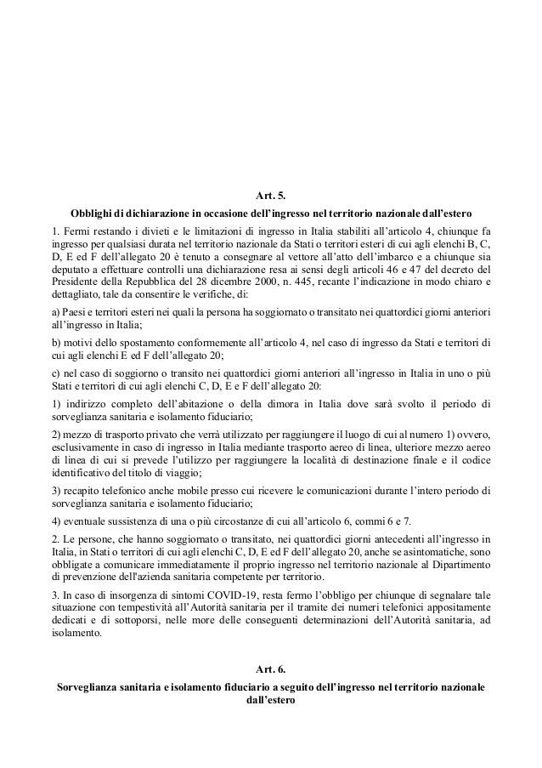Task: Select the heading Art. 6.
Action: coord(270,670)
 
